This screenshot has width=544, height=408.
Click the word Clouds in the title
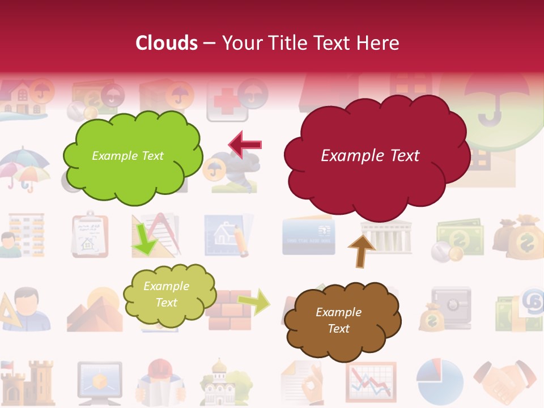click(x=167, y=43)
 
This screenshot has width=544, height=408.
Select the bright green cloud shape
click(x=132, y=156)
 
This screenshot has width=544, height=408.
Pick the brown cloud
click(x=341, y=321)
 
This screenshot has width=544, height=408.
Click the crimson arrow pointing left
click(x=245, y=144)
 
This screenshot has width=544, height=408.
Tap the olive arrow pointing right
click(x=254, y=301)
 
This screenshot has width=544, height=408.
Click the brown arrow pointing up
click(x=362, y=250)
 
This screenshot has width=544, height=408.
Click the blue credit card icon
click(x=308, y=235)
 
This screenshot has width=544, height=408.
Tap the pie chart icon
click(x=439, y=379)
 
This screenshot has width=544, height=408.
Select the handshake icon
click(x=505, y=379)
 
